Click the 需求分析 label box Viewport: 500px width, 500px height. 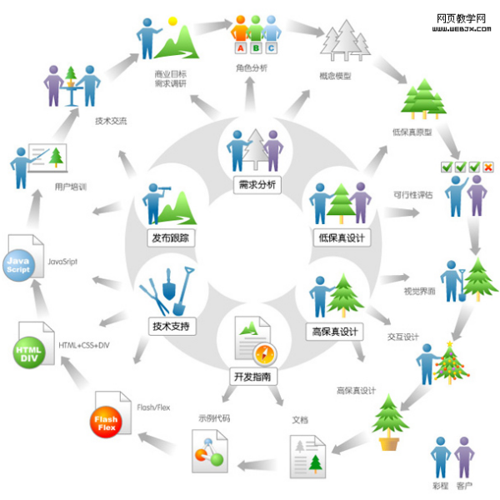256,184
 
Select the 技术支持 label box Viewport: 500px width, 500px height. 172,326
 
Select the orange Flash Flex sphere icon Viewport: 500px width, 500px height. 106,422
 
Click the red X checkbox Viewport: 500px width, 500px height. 487,167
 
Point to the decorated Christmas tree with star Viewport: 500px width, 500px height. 450,362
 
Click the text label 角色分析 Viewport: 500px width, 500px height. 252,67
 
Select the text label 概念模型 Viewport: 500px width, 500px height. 335,77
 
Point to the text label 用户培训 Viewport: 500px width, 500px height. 70,187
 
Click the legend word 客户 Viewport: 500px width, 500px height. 465,485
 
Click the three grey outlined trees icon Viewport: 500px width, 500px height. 343,40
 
